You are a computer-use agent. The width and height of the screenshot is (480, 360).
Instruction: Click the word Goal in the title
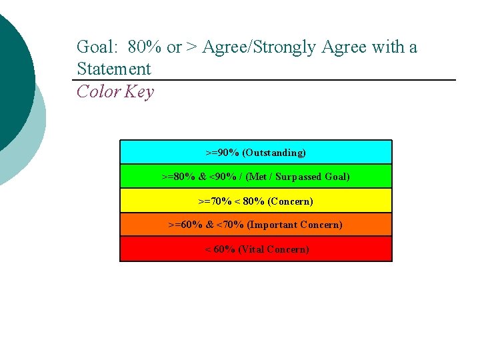tap(94, 47)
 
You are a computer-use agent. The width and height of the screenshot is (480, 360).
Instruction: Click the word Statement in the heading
tap(114, 69)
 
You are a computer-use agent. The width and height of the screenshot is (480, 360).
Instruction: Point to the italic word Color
tap(97, 91)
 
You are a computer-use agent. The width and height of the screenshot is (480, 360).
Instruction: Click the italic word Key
tap(138, 92)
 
